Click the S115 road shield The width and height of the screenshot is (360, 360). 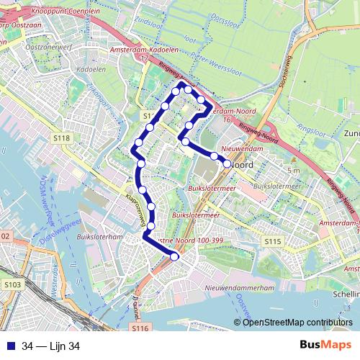[271, 243]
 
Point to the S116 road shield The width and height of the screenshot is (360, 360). [140, 328]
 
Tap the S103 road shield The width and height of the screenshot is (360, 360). [12, 285]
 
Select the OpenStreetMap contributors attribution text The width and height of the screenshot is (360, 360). [297, 322]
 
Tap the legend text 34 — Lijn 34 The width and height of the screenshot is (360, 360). [50, 346]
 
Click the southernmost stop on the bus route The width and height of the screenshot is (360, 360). [174, 256]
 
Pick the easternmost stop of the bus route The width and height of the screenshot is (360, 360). [228, 163]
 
